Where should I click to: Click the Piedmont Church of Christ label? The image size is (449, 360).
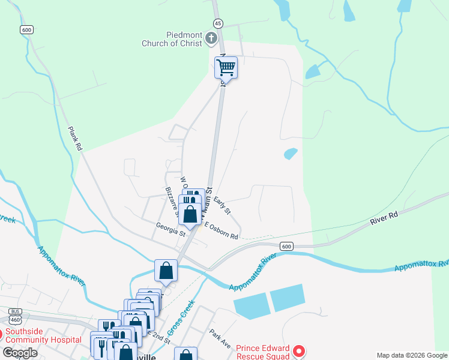click(172, 39)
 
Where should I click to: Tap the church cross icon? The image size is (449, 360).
click(211, 39)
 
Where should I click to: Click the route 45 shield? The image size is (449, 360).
click(218, 23)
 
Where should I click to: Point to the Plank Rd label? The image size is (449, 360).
click(74, 137)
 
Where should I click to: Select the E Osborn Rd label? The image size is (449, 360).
click(221, 231)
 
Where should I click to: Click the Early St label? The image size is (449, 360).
click(222, 206)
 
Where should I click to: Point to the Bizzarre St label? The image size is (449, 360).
click(172, 201)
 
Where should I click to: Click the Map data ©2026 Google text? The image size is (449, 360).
click(412, 355)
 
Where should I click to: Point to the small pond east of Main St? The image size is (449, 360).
click(291, 154)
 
